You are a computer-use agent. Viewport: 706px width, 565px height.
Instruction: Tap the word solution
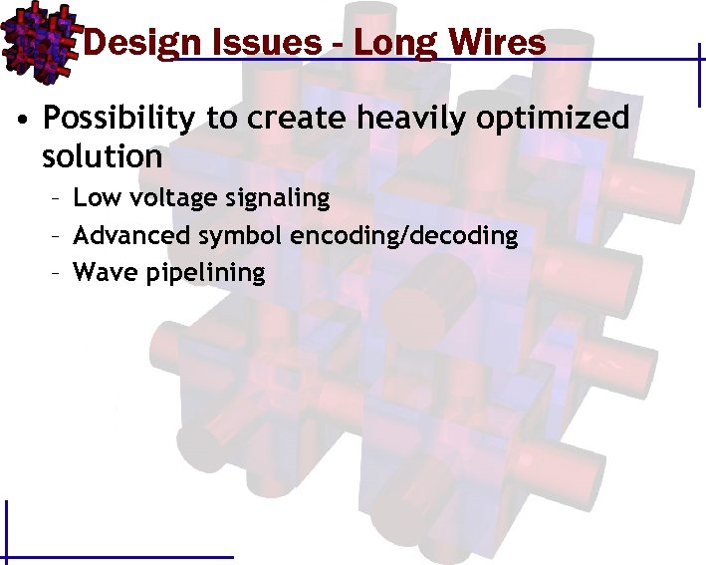103,156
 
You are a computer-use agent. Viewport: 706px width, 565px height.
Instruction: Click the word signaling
277,199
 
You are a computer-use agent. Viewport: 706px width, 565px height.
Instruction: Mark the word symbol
247,236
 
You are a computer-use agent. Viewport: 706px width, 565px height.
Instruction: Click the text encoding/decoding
404,236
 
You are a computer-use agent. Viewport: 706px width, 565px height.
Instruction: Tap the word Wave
99,272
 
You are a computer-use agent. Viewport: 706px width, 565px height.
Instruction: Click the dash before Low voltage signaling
58,199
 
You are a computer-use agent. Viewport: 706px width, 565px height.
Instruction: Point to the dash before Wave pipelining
58,273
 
